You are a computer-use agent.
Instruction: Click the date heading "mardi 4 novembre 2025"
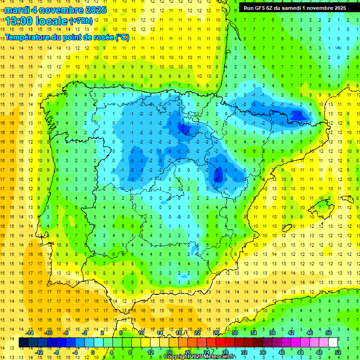coord(56,10)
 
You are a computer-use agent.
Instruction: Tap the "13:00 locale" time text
coord(37,21)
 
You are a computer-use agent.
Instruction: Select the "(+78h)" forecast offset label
coord(81,21)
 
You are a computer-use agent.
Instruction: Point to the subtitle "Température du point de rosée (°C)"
coord(67,37)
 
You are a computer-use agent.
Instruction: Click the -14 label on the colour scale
coord(30,333)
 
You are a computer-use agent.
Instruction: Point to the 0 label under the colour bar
coord(93,352)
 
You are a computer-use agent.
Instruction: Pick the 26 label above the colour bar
coord(217,333)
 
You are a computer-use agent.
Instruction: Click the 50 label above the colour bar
coord(329,333)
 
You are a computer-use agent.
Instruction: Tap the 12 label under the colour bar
coord(150,352)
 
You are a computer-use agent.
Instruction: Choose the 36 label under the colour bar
coord(263,352)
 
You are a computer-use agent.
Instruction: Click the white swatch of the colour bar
coord(333,343)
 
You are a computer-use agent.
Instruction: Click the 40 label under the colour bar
coord(282,352)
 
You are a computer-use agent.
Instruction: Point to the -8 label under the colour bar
coord(57,352)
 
